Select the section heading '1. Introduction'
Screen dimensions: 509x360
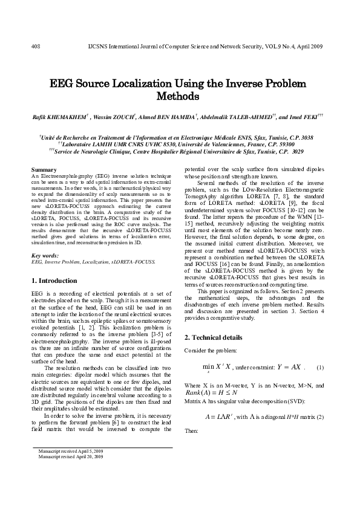click(54, 281)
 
